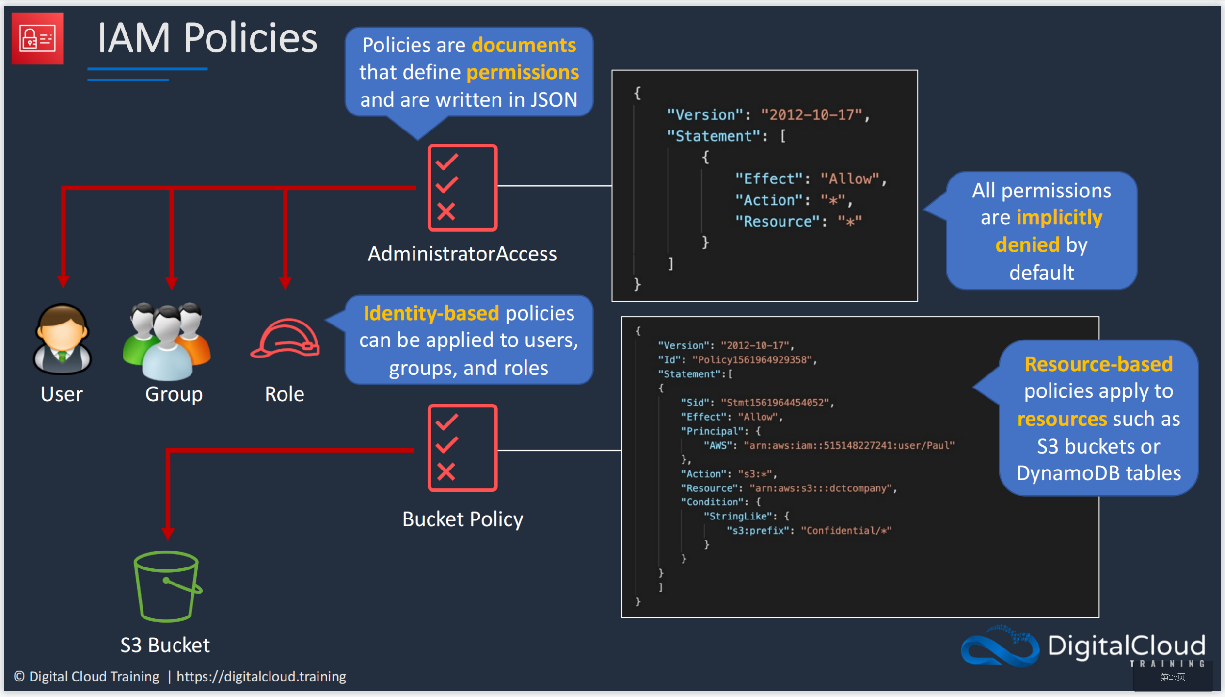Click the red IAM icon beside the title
pyautogui.click(x=37, y=38)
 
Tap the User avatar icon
pyautogui.click(x=62, y=339)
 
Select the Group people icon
pyautogui.click(x=167, y=341)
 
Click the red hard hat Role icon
pyautogui.click(x=285, y=338)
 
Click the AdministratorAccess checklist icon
pyautogui.click(x=462, y=188)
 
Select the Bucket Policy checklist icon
pyautogui.click(x=462, y=448)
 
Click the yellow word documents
pyautogui.click(x=524, y=45)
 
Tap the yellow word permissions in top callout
pyautogui.click(x=523, y=72)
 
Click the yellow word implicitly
pyautogui.click(x=1059, y=217)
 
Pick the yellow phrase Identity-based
pyautogui.click(x=431, y=313)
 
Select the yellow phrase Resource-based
pyautogui.click(x=1098, y=364)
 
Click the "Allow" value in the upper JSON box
pyautogui.click(x=850, y=179)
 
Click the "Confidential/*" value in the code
pyautogui.click(x=846, y=530)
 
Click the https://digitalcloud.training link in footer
pyautogui.click(x=261, y=676)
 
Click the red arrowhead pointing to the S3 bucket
pyautogui.click(x=168, y=534)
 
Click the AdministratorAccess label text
pyautogui.click(x=462, y=254)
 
